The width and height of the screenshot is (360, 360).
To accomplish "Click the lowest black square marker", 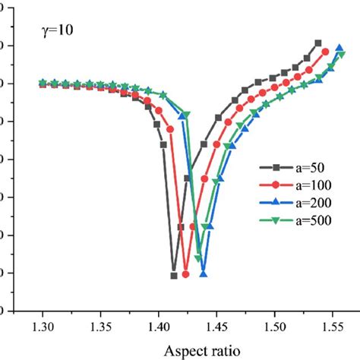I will click(174, 276).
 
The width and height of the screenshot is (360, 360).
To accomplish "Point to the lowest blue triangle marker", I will click(204, 273).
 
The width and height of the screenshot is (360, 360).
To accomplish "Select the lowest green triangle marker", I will click(198, 259).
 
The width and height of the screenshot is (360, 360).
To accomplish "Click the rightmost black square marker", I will click(317, 43).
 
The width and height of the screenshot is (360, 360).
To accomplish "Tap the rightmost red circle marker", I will click(326, 52).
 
